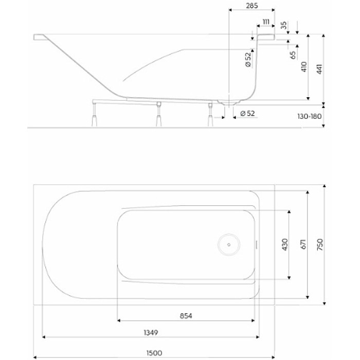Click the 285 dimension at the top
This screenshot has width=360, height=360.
tap(251, 6)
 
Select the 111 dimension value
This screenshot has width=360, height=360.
tap(265, 21)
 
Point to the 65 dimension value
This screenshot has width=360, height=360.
tap(293, 55)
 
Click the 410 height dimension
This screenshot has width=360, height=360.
tap(304, 67)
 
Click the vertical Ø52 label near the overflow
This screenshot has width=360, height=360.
tap(248, 60)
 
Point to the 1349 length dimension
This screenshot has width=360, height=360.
tap(150, 332)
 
